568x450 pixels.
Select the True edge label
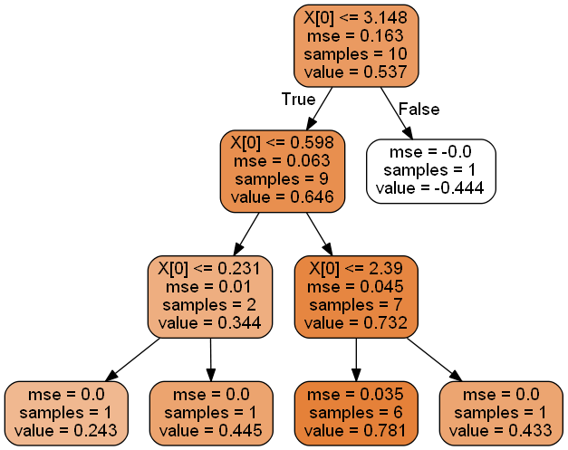click(x=298, y=99)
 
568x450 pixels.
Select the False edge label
click(x=419, y=109)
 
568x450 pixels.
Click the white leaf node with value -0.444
click(x=431, y=170)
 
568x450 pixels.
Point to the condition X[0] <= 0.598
click(x=282, y=143)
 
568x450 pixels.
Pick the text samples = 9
click(x=282, y=179)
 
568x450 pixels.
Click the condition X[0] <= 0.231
click(x=209, y=269)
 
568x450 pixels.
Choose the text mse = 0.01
click(x=209, y=287)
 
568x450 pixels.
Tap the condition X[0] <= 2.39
click(x=356, y=269)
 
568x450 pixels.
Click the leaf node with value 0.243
click(x=66, y=413)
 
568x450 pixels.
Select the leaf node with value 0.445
click(x=211, y=413)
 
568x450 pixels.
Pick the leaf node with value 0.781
click(x=356, y=413)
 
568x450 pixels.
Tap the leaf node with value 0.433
click(x=501, y=413)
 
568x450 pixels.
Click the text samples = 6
click(x=356, y=413)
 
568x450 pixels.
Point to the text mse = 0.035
click(x=356, y=395)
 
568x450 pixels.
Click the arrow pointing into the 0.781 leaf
click(x=356, y=360)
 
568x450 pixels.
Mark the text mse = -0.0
click(x=431, y=152)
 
